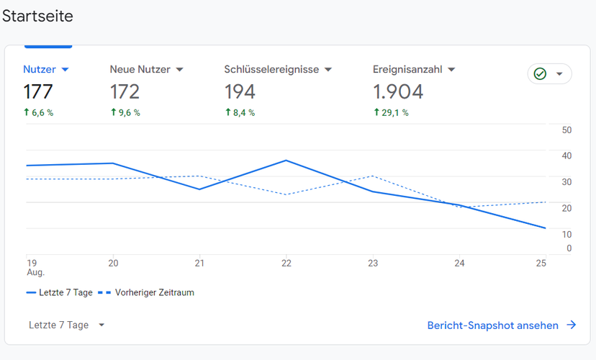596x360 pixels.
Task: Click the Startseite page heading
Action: pyautogui.click(x=37, y=17)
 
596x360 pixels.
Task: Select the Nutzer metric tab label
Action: pyautogui.click(x=40, y=70)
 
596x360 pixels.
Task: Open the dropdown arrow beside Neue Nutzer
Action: pyautogui.click(x=180, y=70)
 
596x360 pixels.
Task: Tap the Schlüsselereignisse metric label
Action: pyautogui.click(x=271, y=70)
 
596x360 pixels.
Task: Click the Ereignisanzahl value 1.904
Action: pyautogui.click(x=398, y=92)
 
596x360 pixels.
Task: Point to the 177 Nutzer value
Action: pyautogui.click(x=38, y=92)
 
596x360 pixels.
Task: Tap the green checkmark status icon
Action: pyautogui.click(x=540, y=73)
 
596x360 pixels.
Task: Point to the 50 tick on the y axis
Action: pyautogui.click(x=566, y=130)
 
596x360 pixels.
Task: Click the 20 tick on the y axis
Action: pyautogui.click(x=566, y=208)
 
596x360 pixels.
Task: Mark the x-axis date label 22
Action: pyautogui.click(x=286, y=263)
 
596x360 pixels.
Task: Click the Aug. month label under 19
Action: pyautogui.click(x=36, y=272)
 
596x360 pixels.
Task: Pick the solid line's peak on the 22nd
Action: pyautogui.click(x=286, y=161)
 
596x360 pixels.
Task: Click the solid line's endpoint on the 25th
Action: pyautogui.click(x=546, y=228)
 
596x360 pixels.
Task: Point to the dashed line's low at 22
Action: pyautogui.click(x=286, y=194)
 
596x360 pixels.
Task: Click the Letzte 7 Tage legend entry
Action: pyautogui.click(x=60, y=293)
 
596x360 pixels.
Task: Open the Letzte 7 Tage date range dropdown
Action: pyautogui.click(x=66, y=325)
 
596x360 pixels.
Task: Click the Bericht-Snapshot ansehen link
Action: pyautogui.click(x=502, y=325)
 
